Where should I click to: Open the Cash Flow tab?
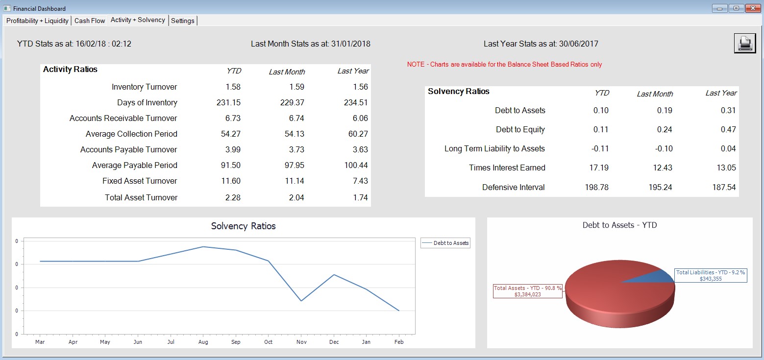pos(90,21)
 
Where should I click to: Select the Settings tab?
pos(182,21)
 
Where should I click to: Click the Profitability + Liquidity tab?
pos(37,21)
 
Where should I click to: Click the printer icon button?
pos(745,44)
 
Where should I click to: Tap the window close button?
pos(753,8)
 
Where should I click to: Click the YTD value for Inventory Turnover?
pos(233,87)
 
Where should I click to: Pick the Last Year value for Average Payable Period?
pos(356,166)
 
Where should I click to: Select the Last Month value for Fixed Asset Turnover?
pos(295,181)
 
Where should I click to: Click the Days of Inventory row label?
pos(147,103)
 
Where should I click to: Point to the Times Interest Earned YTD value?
pos(598,168)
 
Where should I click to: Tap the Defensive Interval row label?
pos(513,187)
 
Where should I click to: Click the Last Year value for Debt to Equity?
pos(728,129)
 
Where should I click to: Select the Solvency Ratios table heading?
pos(458,92)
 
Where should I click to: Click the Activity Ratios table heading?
pos(70,69)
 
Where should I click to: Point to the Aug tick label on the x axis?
pos(203,342)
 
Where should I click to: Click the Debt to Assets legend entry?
pos(445,243)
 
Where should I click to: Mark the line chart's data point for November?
pos(301,301)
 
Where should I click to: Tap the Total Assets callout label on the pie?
pos(528,291)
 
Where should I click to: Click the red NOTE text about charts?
pos(504,65)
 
